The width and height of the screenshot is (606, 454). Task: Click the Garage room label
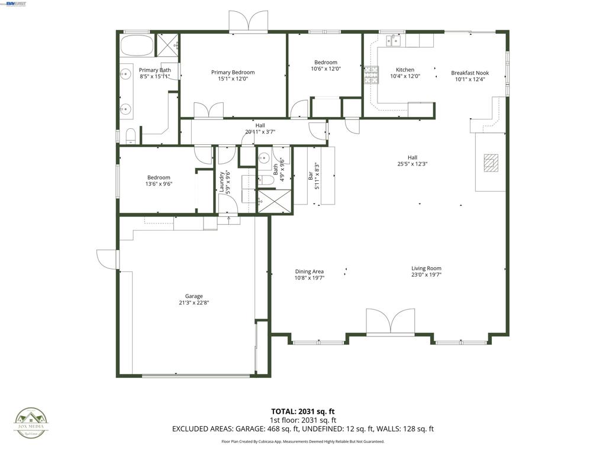point(194,296)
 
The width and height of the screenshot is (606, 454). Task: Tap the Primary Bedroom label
point(233,72)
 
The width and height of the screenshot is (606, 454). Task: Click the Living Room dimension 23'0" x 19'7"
point(426,274)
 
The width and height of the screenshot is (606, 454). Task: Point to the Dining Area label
point(309,271)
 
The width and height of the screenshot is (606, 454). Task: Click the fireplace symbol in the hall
point(491,162)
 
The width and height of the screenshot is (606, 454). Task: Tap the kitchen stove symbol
point(370,75)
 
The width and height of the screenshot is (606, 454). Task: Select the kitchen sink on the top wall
point(393,40)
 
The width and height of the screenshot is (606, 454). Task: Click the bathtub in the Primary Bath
point(137,45)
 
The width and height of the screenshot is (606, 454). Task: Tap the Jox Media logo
point(31,423)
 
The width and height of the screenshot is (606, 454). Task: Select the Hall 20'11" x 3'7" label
point(260,128)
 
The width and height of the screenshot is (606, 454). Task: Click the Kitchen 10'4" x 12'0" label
point(405,73)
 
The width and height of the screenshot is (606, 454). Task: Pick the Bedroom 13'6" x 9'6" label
point(159,180)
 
